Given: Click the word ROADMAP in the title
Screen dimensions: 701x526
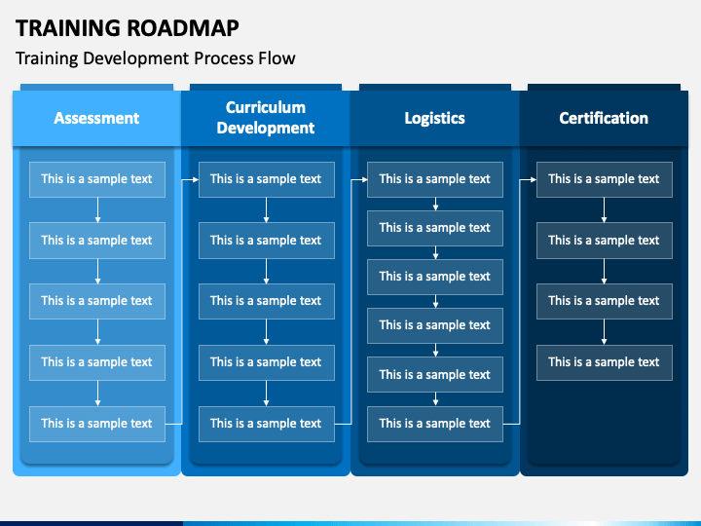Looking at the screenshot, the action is (180, 27).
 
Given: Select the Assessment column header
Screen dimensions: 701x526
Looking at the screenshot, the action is (96, 118).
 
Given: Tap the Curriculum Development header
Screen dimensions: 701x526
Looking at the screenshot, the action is (266, 118).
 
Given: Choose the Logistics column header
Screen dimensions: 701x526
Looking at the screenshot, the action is (434, 118).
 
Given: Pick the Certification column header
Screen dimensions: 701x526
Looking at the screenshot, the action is (604, 118).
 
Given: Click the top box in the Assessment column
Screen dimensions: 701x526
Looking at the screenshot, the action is (97, 179).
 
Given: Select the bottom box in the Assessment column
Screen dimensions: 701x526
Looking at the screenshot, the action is (97, 424).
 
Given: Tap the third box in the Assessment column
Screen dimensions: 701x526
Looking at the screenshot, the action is (97, 301).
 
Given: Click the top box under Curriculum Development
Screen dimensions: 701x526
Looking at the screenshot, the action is (267, 179).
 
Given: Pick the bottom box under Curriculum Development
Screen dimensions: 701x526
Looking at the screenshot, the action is (267, 424).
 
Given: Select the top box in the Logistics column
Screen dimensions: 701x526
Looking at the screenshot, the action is (435, 179).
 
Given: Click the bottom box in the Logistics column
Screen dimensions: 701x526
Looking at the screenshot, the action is (435, 424).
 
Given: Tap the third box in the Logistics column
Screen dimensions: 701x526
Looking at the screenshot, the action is (435, 277).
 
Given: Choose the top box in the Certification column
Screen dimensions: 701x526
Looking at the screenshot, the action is (605, 179).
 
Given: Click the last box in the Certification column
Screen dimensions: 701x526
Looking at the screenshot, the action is (605, 362).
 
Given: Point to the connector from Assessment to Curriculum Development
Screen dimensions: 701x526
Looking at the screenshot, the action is (182, 301).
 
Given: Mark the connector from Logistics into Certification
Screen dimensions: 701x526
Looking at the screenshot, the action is (520, 301).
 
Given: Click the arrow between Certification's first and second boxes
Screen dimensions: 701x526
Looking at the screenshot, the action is (604, 209).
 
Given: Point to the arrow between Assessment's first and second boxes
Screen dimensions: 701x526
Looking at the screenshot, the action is (97, 209).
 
